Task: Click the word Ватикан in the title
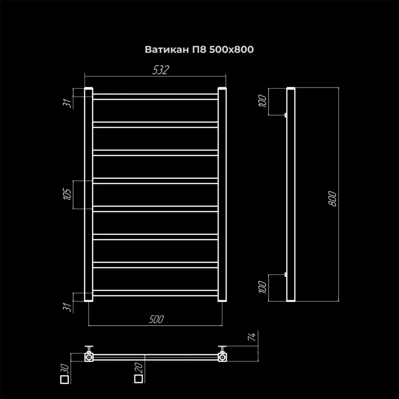(x=167, y=49)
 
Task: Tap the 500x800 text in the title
(x=231, y=49)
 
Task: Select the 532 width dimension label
(x=161, y=70)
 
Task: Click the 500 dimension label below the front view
(x=156, y=319)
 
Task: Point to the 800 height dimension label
(x=333, y=199)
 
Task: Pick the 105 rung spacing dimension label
(x=67, y=194)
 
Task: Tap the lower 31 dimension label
(x=67, y=307)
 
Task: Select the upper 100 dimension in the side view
(x=263, y=101)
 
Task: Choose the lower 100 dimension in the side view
(x=263, y=287)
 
